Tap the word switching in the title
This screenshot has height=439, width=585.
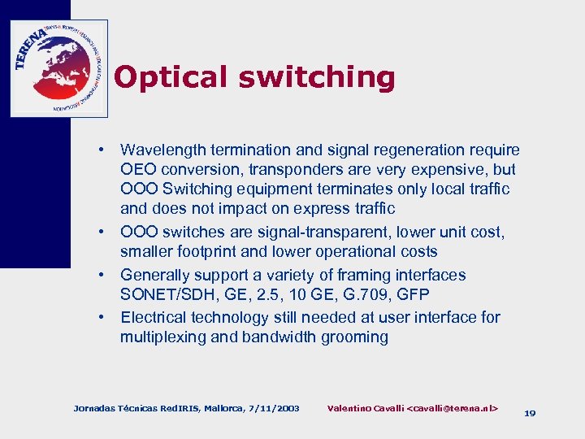point(317,77)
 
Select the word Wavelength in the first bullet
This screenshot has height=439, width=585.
point(164,150)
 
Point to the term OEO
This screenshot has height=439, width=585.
point(139,170)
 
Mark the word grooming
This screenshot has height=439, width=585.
point(356,337)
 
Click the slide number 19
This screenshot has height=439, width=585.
point(530,413)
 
